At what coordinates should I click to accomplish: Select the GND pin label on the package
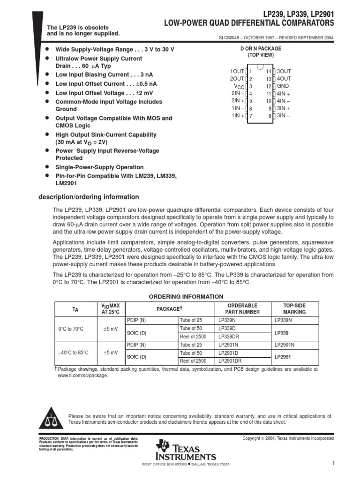[283, 86]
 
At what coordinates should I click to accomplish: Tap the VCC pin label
[239, 87]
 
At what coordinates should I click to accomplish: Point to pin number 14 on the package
[269, 71]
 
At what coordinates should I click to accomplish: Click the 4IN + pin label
[284, 94]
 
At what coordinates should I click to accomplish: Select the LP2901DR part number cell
[230, 361]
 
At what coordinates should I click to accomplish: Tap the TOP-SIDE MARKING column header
[294, 308]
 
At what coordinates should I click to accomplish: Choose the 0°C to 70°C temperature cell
[71, 330]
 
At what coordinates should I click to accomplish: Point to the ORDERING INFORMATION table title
[186, 297]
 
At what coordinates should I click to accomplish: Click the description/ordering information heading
[89, 197]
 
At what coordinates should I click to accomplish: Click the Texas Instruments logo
[187, 450]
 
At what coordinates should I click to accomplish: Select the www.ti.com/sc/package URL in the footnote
[82, 375]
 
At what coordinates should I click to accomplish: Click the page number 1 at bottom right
[332, 464]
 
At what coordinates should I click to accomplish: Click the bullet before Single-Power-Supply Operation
[47, 167]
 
